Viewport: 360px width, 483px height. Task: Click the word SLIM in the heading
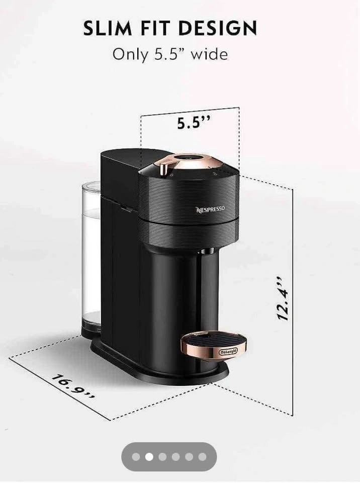coord(108,28)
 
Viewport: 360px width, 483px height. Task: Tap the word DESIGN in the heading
coord(217,28)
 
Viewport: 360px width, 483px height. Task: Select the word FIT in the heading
coord(155,28)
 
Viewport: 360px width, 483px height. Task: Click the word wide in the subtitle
coord(209,54)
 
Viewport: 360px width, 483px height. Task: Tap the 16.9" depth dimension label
coord(73,387)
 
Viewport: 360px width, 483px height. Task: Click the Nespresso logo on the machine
coord(211,209)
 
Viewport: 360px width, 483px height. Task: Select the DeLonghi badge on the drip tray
coord(228,352)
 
